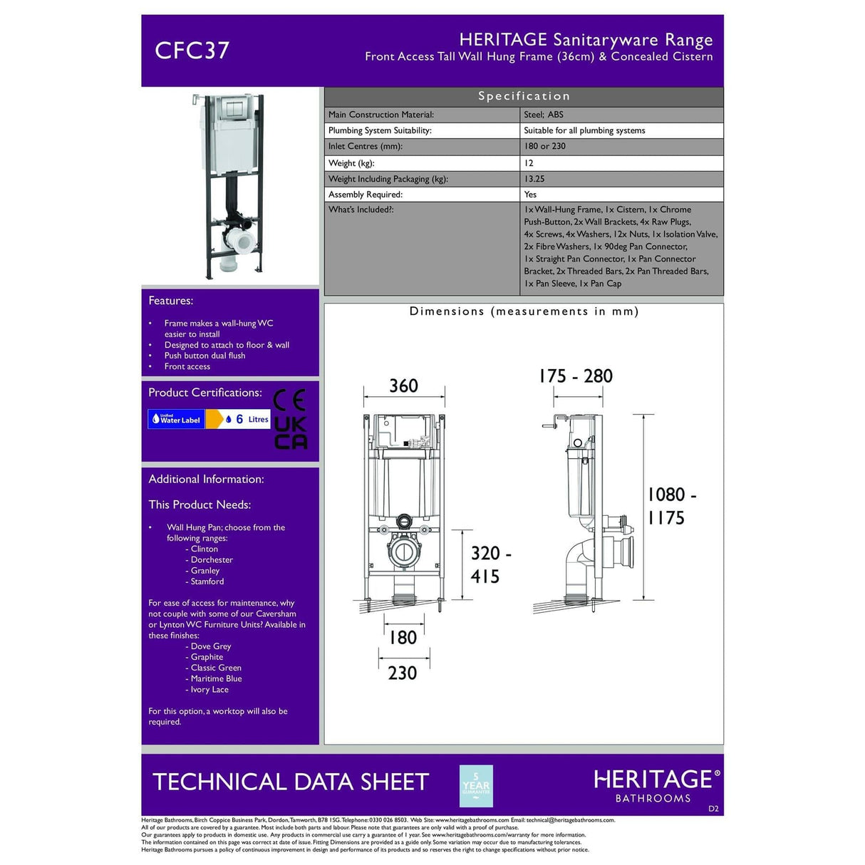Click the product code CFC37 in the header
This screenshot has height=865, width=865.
point(192,51)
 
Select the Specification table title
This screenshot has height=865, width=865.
point(524,96)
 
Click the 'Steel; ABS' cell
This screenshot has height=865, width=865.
point(544,115)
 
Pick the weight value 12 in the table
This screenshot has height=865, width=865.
point(529,163)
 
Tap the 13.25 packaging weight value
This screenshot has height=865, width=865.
point(534,179)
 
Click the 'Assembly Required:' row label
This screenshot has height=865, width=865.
point(366,195)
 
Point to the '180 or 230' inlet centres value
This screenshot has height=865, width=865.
point(544,146)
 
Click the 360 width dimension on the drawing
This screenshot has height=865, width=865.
point(403,386)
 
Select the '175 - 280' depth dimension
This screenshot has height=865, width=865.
point(576,376)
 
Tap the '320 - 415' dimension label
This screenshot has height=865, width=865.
point(490,564)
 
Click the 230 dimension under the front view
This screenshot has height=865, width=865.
point(402,673)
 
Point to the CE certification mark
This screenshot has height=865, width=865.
point(290,400)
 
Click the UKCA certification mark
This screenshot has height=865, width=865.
point(291,432)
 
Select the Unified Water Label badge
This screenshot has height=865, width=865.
point(176,420)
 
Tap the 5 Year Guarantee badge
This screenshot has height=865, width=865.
point(476,786)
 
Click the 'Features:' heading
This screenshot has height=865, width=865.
point(171,301)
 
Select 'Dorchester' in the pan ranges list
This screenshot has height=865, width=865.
point(212,560)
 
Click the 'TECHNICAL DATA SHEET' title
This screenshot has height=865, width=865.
point(291,782)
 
